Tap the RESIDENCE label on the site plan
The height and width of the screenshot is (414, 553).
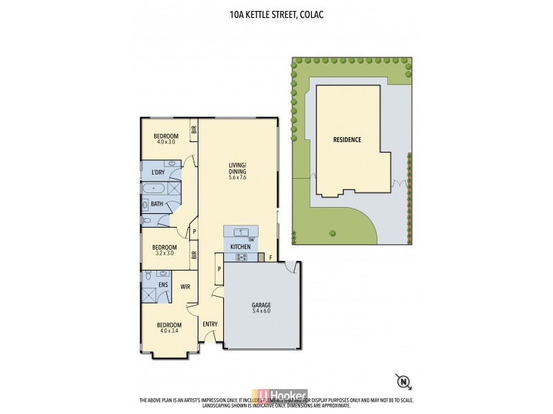(x=347, y=139)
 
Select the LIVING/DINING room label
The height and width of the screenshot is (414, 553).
(x=238, y=168)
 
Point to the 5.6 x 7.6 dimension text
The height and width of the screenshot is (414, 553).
(x=238, y=177)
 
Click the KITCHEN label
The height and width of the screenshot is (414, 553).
(x=240, y=246)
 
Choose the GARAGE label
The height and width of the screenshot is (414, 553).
(x=261, y=304)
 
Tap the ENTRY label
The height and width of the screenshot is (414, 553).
(x=210, y=324)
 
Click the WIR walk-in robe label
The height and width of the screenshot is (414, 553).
(x=185, y=286)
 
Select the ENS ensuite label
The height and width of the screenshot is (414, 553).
(x=164, y=284)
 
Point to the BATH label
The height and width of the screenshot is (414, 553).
(x=157, y=204)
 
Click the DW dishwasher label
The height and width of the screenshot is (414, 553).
(x=252, y=239)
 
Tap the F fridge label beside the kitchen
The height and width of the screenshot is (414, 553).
(x=270, y=259)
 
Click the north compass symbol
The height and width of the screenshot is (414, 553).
(x=401, y=380)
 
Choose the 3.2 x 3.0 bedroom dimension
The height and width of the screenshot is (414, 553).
(x=165, y=253)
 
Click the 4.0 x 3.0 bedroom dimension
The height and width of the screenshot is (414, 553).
(x=166, y=141)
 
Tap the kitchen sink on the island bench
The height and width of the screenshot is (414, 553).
(x=241, y=232)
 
